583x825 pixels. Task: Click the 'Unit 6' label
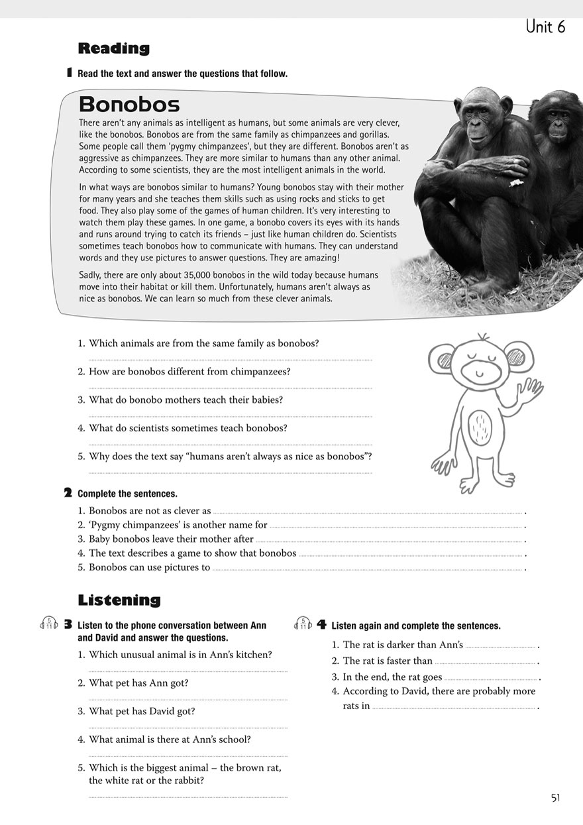click(545, 27)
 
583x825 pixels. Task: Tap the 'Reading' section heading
click(113, 48)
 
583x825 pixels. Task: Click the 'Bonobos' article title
click(129, 105)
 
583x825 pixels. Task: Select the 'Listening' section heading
click(119, 600)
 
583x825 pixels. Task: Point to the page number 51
click(555, 798)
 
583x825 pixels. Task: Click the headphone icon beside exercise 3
click(50, 624)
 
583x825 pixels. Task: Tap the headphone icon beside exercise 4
click(303, 624)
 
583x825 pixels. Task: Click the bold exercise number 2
click(68, 493)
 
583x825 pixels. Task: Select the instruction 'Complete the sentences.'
click(127, 494)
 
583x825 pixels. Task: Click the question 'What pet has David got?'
click(142, 712)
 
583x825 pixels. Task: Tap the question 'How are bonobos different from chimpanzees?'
click(189, 372)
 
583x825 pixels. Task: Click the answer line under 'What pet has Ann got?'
click(187, 699)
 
